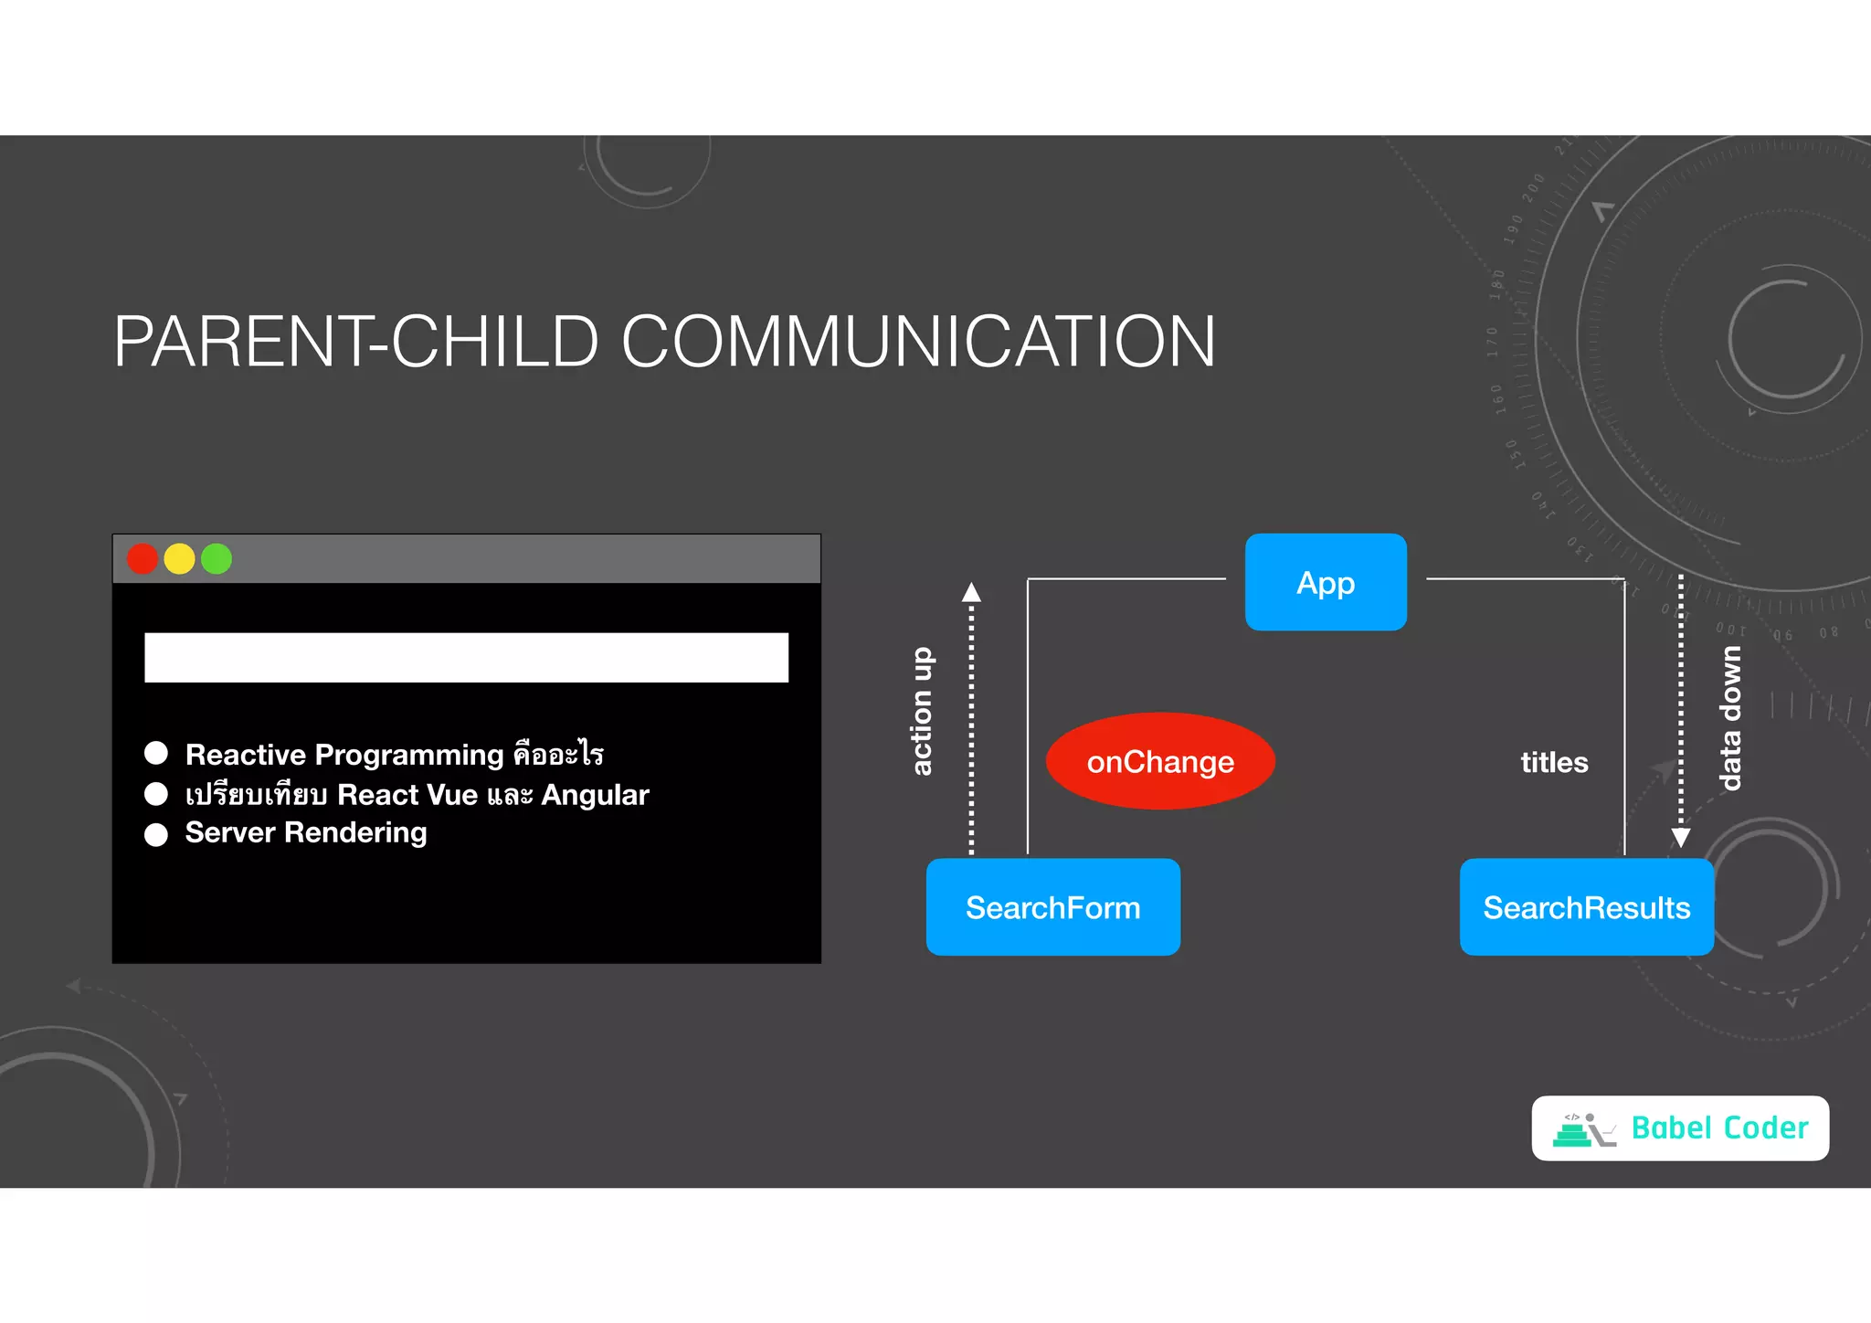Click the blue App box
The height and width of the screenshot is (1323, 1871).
click(x=1326, y=582)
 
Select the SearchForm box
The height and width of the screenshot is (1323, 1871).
click(x=1052, y=907)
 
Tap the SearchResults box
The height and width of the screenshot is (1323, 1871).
click(x=1586, y=907)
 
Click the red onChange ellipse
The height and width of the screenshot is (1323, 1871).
click(x=1160, y=761)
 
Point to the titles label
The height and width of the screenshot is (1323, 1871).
click(x=1554, y=762)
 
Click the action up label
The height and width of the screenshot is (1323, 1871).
click(x=922, y=711)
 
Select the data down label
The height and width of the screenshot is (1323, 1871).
click(x=1729, y=718)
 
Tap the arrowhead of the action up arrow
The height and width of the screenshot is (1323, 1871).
click(x=971, y=592)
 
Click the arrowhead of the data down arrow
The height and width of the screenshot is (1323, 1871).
click(x=1680, y=838)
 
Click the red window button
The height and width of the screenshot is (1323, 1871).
click(x=143, y=558)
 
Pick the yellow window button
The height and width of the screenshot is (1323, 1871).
click(x=179, y=558)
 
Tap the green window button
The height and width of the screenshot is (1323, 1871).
click(x=217, y=558)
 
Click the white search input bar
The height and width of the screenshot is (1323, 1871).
click(x=466, y=657)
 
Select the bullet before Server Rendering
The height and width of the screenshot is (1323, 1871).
click(x=156, y=834)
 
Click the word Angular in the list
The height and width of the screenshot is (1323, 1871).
click(x=595, y=795)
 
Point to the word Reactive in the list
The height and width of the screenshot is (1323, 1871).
click(x=245, y=755)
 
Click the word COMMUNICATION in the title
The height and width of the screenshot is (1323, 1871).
click(x=918, y=342)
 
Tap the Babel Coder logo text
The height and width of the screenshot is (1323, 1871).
click(x=1719, y=1128)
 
